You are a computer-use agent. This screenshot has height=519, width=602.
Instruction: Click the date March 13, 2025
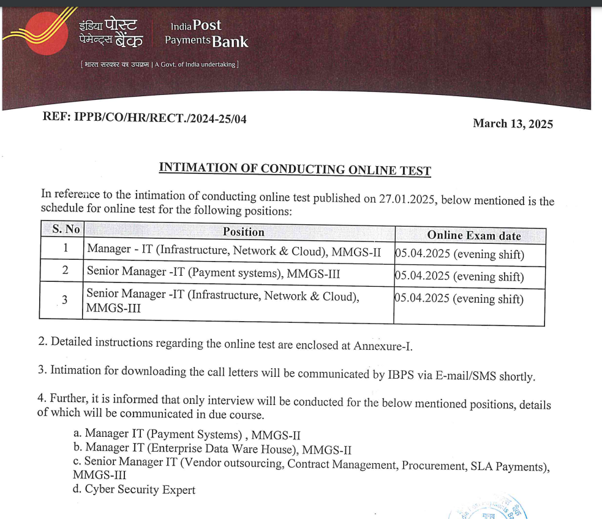[x=513, y=124]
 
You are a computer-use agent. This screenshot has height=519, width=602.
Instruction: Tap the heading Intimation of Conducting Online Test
[x=295, y=169]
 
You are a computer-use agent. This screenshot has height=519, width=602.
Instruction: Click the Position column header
[x=243, y=232]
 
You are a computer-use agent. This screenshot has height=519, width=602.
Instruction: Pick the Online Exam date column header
[x=473, y=236]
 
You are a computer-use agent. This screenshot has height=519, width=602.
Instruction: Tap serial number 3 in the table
[x=64, y=300]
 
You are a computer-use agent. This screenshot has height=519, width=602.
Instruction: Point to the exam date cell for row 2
[x=459, y=276]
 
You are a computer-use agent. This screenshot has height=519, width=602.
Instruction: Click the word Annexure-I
[x=383, y=346]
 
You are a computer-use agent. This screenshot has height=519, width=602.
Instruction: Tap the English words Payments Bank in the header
[x=207, y=42]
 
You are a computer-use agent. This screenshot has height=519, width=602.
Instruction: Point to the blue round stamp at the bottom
[x=490, y=507]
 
